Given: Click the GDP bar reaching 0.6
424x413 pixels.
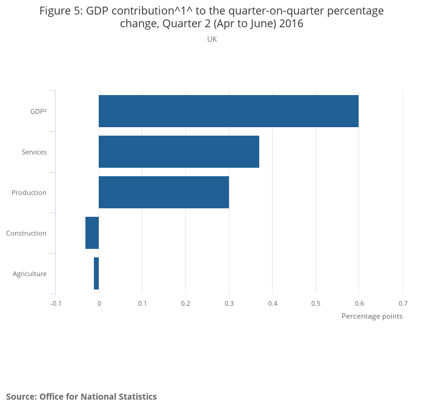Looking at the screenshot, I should coord(228,111).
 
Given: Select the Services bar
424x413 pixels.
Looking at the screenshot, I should coord(179,151).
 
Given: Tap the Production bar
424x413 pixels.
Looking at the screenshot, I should coord(164,192).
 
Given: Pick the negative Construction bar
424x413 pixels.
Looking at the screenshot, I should coord(92,233).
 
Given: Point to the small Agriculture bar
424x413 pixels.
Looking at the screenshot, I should coord(96,273).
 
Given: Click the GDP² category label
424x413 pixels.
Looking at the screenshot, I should coord(38,111).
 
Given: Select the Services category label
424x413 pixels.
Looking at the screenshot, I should coord(34,152).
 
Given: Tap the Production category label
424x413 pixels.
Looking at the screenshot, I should coord(29,193).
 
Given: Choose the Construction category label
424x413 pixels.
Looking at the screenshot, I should coord(26,233).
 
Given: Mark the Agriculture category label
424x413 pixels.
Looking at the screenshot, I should coord(30,274).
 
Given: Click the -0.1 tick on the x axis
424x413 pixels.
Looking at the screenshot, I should coord(56,303).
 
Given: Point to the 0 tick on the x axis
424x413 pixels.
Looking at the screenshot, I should coord(99,303).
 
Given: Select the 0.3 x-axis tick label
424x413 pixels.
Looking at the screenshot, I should coord(229,303).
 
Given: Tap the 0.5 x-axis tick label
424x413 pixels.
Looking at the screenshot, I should coord(316,303).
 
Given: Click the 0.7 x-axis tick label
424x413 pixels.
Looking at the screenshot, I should coord(403,303).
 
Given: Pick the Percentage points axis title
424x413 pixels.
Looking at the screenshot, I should coord(372,316).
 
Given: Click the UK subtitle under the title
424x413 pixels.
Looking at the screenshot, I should coord(212,39).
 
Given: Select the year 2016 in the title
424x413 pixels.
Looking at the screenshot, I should coord(291,24).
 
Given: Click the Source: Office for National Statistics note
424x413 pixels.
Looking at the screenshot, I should coord(81,397).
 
